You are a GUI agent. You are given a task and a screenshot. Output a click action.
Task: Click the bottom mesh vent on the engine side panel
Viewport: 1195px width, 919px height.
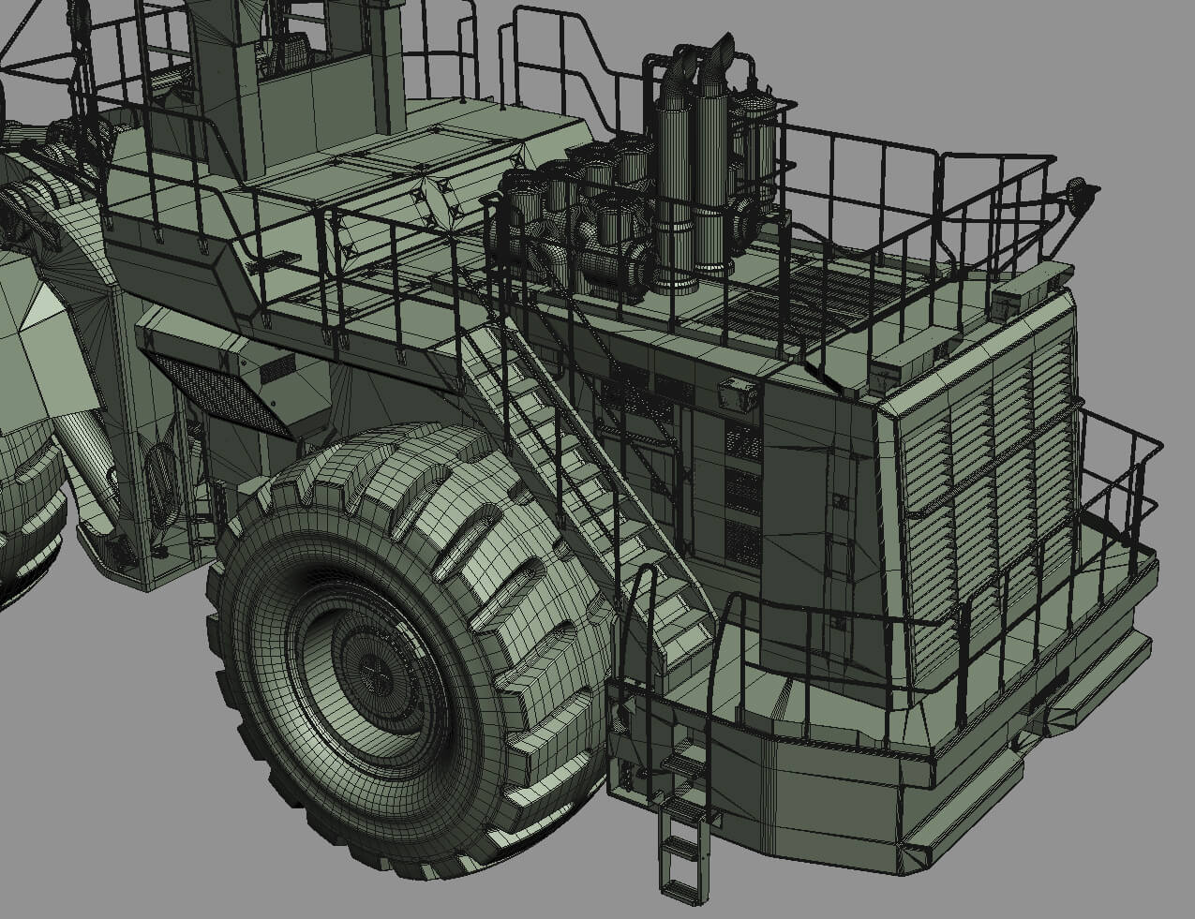point(742,543)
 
